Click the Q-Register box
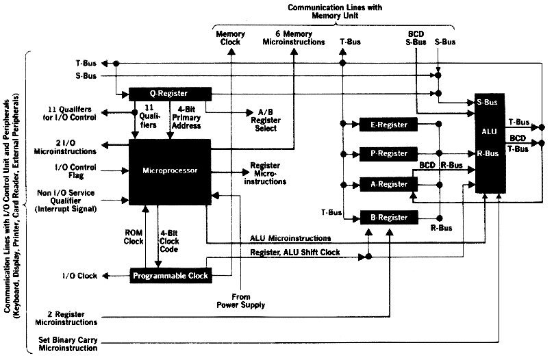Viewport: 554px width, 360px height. pos(168,93)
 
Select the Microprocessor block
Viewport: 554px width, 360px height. pos(171,168)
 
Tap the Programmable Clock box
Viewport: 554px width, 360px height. pos(171,276)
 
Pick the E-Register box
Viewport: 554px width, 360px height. pos(388,125)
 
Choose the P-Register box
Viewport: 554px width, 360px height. pos(388,154)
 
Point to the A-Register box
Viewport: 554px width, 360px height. pos(388,183)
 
